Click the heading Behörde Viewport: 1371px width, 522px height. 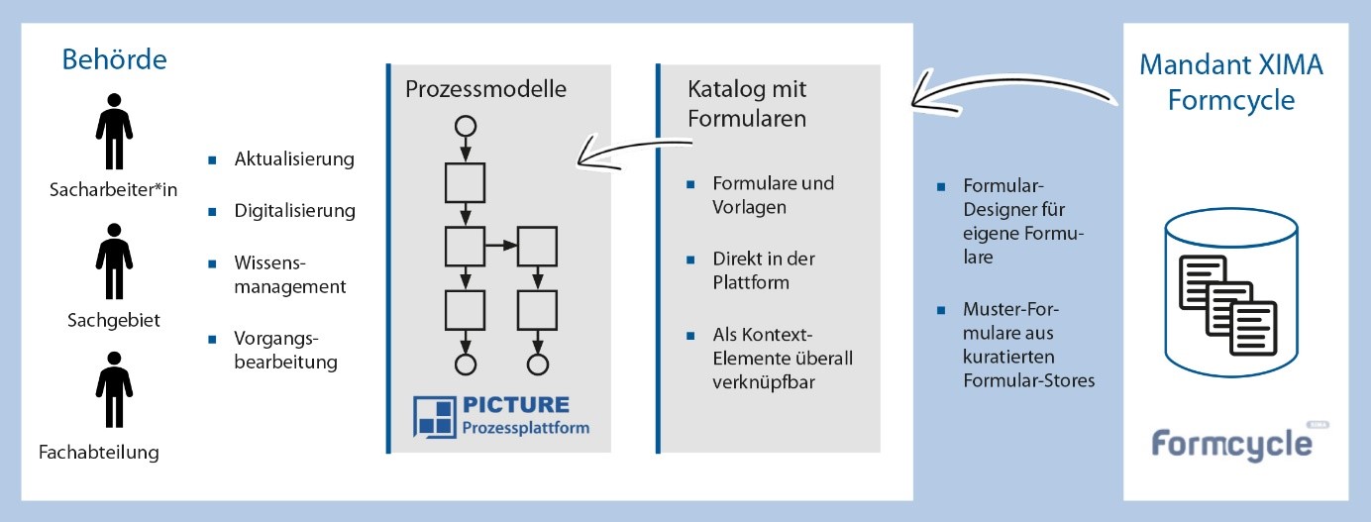click(114, 59)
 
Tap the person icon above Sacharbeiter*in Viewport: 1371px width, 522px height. click(114, 132)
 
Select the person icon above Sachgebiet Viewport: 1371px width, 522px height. click(114, 261)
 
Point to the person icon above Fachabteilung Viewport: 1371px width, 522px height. click(114, 395)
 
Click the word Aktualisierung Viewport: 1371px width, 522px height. click(294, 158)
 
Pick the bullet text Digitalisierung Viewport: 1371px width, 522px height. click(294, 210)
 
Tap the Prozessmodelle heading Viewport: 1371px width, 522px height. click(485, 88)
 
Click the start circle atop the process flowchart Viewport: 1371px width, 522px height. click(465, 126)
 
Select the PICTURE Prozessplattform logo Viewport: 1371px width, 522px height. click(502, 416)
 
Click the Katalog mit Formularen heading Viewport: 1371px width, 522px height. click(747, 103)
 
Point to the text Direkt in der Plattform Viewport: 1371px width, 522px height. click(764, 269)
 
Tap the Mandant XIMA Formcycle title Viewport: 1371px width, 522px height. click(1231, 82)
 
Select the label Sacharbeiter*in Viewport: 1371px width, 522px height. click(113, 190)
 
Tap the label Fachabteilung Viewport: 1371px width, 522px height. click(99, 453)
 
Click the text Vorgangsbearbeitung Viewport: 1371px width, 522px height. click(285, 349)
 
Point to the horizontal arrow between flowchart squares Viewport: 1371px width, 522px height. click(501, 244)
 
